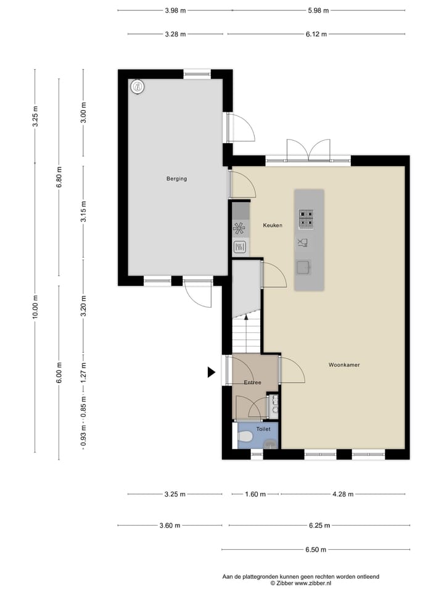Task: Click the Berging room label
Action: pyautogui.click(x=176, y=179)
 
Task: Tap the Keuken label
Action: pyautogui.click(x=273, y=225)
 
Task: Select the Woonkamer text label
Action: pyautogui.click(x=344, y=365)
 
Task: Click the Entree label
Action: pyautogui.click(x=252, y=382)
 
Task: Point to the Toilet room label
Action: pyautogui.click(x=263, y=428)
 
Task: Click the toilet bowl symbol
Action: pyautogui.click(x=245, y=437)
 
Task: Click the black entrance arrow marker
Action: pyautogui.click(x=211, y=372)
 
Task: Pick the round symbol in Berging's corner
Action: pyautogui.click(x=138, y=87)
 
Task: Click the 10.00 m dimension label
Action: pyautogui.click(x=36, y=306)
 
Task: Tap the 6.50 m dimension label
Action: pyautogui.click(x=314, y=549)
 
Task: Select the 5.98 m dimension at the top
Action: pyautogui.click(x=318, y=11)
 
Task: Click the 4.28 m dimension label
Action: pyautogui.click(x=342, y=494)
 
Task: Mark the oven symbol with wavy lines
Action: pyautogui.click(x=240, y=247)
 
